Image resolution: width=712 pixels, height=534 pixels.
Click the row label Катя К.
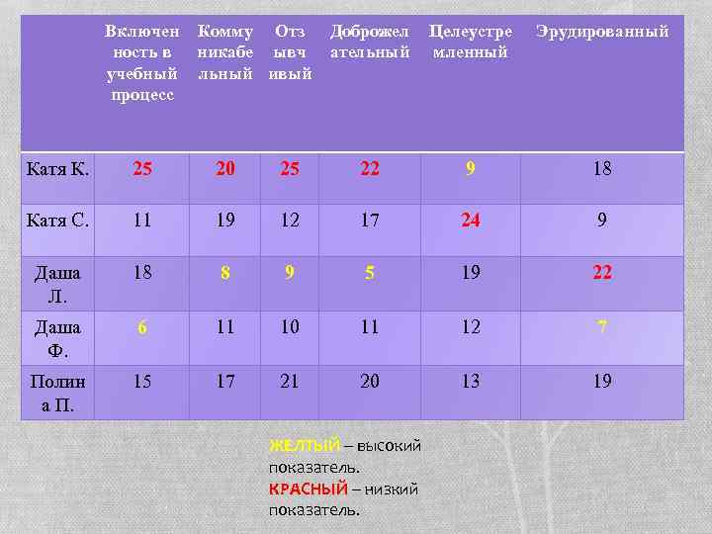click(57, 169)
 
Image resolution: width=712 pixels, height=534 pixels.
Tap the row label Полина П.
click(57, 393)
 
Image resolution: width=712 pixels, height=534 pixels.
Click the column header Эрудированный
click(602, 32)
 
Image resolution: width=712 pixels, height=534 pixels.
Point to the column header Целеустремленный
click(471, 42)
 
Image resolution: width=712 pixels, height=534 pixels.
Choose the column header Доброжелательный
click(370, 42)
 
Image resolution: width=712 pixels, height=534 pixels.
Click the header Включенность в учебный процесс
click(142, 62)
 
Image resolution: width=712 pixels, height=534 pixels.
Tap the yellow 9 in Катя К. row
click(471, 169)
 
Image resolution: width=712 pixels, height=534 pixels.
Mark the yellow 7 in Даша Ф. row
click(602, 326)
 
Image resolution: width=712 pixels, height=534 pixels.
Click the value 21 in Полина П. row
click(289, 381)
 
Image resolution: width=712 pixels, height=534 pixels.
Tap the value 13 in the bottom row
click(471, 381)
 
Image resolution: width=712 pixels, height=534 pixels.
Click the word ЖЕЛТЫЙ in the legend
click(304, 446)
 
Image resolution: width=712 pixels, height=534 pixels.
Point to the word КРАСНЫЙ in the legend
click(309, 489)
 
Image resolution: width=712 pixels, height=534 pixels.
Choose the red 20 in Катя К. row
click(225, 169)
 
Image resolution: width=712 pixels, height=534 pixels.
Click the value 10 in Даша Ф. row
click(289, 326)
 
